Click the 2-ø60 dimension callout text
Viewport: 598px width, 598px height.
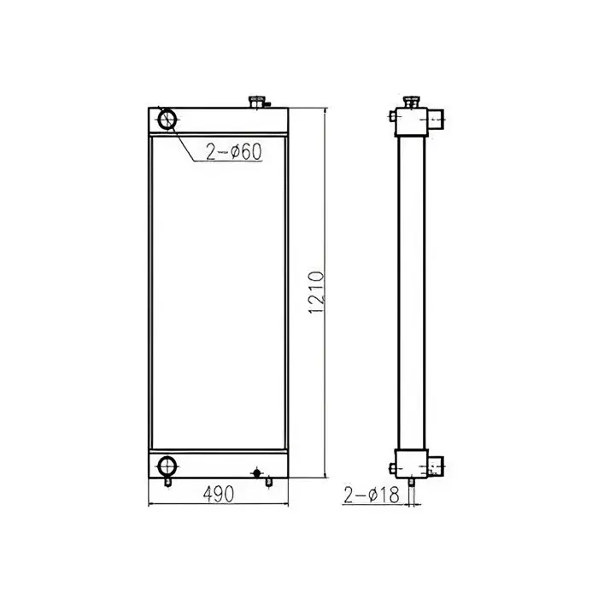tap(232, 153)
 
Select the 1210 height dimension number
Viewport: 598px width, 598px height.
tap(317, 292)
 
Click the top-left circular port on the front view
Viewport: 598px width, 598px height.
tap(167, 120)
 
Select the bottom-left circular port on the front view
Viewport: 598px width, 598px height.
tap(167, 466)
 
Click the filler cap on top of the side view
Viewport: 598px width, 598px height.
tap(411, 103)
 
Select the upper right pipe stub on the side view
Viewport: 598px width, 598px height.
tap(436, 118)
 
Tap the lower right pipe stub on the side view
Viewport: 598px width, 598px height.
tap(436, 466)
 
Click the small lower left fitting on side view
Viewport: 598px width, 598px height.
tap(391, 467)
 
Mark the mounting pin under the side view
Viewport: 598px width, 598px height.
tap(412, 484)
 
